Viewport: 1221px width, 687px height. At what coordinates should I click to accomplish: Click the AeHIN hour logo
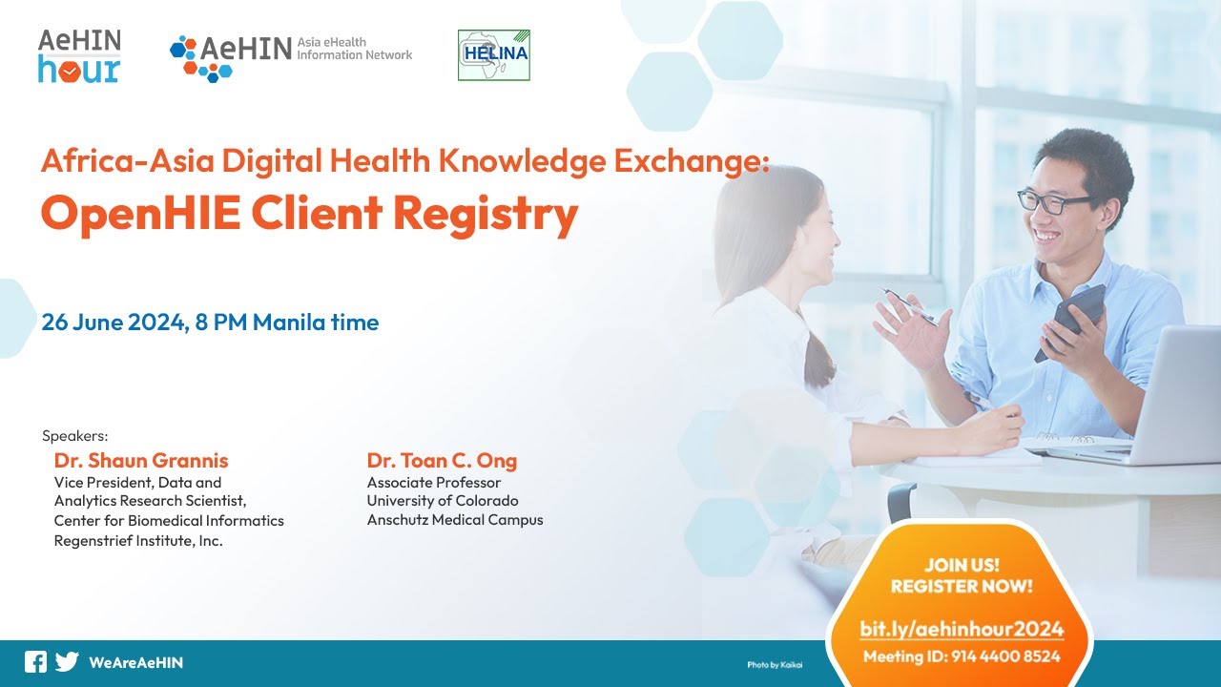pyautogui.click(x=79, y=55)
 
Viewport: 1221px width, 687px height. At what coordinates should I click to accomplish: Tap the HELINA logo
pyautogui.click(x=493, y=55)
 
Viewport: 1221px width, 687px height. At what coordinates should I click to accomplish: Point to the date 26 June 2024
pyautogui.click(x=113, y=323)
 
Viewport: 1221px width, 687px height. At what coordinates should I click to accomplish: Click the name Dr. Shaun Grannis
pyautogui.click(x=141, y=461)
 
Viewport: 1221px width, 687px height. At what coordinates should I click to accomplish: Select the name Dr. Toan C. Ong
pyautogui.click(x=442, y=461)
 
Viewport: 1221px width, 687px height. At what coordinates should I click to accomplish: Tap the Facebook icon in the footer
pyautogui.click(x=35, y=662)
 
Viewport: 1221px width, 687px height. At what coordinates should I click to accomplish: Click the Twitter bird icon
pyautogui.click(x=67, y=662)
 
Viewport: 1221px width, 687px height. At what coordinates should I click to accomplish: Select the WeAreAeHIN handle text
pyautogui.click(x=135, y=662)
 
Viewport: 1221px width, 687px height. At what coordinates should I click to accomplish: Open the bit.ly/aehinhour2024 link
pyautogui.click(x=962, y=629)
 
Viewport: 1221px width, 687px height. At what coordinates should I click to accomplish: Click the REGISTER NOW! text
pyautogui.click(x=962, y=587)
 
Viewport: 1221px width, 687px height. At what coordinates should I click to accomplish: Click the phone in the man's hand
pyautogui.click(x=1073, y=320)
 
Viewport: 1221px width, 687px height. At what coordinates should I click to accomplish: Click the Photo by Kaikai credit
pyautogui.click(x=775, y=664)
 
